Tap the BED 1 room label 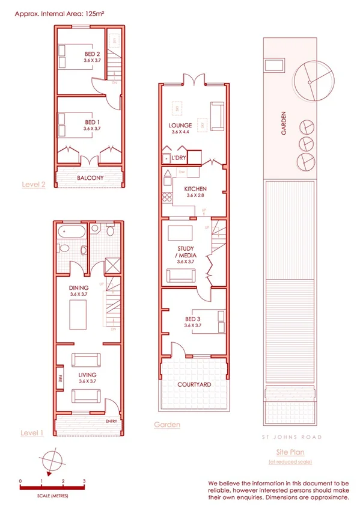pyautogui.click(x=91, y=122)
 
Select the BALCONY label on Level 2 pyautogui.click(x=90, y=178)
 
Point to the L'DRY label pyautogui.click(x=178, y=158)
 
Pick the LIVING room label pyautogui.click(x=87, y=375)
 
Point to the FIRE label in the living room pyautogui.click(x=61, y=379)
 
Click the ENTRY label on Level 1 pyautogui.click(x=112, y=422)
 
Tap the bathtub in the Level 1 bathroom pyautogui.click(x=66, y=232)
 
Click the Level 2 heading pyautogui.click(x=33, y=185)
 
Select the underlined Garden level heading pyautogui.click(x=167, y=425)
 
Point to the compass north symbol pyautogui.click(x=53, y=460)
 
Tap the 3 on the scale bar pyautogui.click(x=84, y=482)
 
